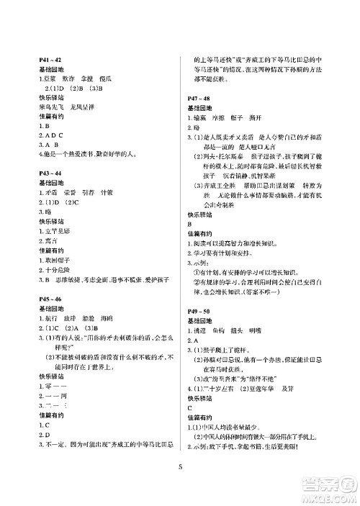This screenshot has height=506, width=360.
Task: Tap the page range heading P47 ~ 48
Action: tap(198, 96)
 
